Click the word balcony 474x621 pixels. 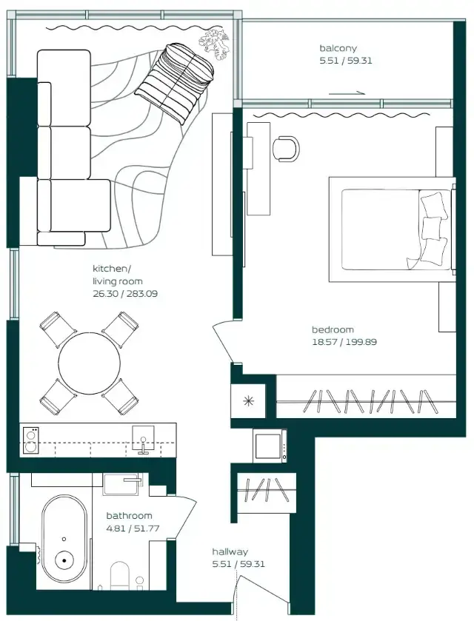coord(338,49)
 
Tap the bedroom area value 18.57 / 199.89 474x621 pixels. coord(344,342)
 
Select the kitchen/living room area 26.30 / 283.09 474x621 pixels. coord(125,294)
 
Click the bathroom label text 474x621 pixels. coord(129,516)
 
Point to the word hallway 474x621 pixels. coord(230,551)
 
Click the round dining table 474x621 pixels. coord(89,363)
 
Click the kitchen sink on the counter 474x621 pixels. coord(143,440)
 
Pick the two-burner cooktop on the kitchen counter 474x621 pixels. coord(30,440)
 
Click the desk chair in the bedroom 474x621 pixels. coord(286,149)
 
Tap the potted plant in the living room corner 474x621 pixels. coord(214,44)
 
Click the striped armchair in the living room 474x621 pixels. coord(175,82)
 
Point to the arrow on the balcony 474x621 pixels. coord(347,93)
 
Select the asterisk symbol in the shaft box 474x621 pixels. coord(248,401)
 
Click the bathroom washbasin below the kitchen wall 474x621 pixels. coord(121,484)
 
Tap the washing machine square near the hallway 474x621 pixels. coord(270,446)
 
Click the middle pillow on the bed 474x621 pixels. coord(432,227)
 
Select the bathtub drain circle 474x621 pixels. coord(64,560)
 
